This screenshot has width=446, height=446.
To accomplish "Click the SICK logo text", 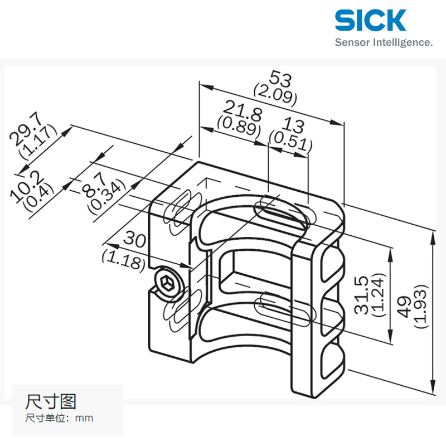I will [x=370, y=20].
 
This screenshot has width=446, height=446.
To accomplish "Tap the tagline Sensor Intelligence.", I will [x=383, y=42].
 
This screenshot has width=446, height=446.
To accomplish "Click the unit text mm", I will [x=85, y=418].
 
